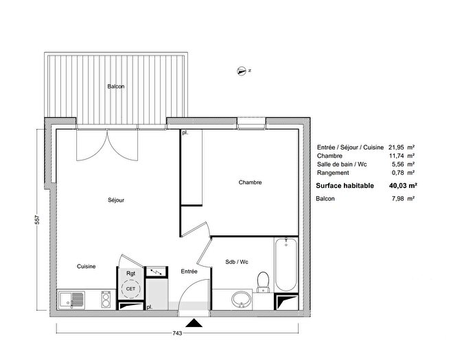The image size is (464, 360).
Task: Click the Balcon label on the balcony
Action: pyautogui.click(x=116, y=86)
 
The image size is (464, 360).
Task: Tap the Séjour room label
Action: pyautogui.click(x=116, y=200)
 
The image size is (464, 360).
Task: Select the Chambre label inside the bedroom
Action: pyautogui.click(x=250, y=182)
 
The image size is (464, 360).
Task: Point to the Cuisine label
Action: pyautogui.click(x=86, y=266)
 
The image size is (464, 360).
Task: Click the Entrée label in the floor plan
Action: pyautogui.click(x=189, y=272)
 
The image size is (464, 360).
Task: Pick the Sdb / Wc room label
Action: pyautogui.click(x=236, y=261)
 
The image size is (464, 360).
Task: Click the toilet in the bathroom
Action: pyautogui.click(x=262, y=280)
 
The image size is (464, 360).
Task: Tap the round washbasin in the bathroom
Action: pyautogui.click(x=241, y=299)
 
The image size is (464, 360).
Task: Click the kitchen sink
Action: pyautogui.click(x=72, y=298)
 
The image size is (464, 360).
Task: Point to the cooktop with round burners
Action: pyautogui.click(x=107, y=298)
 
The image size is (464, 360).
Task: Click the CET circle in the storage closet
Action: pyautogui.click(x=130, y=289)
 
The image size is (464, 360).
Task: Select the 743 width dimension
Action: pyautogui.click(x=177, y=333)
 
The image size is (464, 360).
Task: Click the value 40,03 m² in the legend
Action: pyautogui.click(x=403, y=185)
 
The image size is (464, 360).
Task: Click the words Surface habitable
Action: pyautogui.click(x=345, y=185)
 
